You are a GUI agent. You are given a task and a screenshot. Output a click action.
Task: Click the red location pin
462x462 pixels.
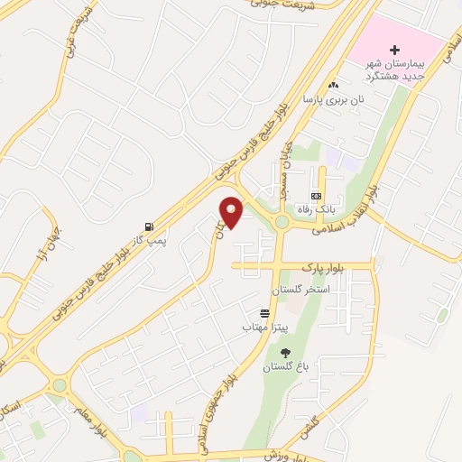[232, 211]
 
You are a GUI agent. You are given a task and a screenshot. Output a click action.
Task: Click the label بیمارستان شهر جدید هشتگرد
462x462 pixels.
[392, 69]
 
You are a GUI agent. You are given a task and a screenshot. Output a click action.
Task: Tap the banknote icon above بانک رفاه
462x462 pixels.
[316, 195]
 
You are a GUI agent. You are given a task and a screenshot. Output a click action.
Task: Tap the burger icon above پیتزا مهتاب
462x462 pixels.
[263, 312]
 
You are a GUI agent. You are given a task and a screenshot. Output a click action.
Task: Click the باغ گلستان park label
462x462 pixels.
[286, 367]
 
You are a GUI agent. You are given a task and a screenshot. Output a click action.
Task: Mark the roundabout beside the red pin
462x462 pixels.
[282, 221]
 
